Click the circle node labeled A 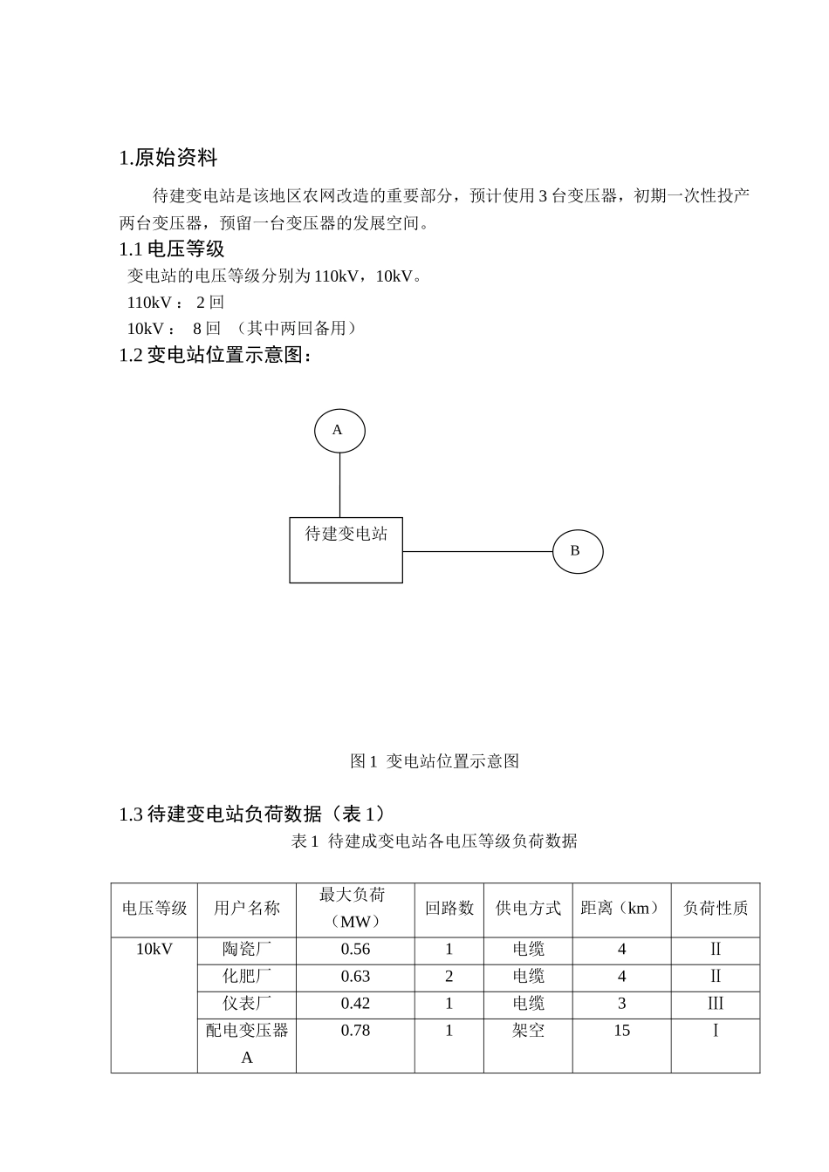339,430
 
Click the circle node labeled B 578,551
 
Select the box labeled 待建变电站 346,550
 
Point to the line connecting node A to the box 339,485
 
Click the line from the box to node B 477,551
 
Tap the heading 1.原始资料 168,158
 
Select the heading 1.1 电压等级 172,249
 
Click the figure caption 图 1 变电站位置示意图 435,761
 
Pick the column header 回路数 449,908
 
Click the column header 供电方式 528,908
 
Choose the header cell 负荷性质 716,908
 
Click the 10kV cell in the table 154,949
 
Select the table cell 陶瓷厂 247,949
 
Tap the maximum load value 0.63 355,976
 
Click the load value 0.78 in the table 355,1030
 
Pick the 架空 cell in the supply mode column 528,1030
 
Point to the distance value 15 621,1030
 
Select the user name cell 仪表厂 247,1003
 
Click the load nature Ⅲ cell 716,1003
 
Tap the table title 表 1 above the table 434,841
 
